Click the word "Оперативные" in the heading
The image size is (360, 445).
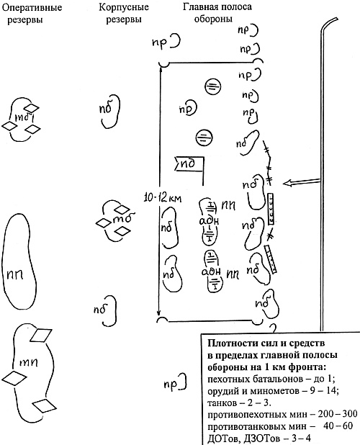click(x=32, y=7)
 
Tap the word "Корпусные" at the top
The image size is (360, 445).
click(x=124, y=7)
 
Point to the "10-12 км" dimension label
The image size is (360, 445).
click(x=162, y=198)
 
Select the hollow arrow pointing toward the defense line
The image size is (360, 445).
click(x=302, y=182)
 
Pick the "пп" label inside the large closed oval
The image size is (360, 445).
click(x=15, y=274)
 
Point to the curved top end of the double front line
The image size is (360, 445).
click(x=330, y=22)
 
